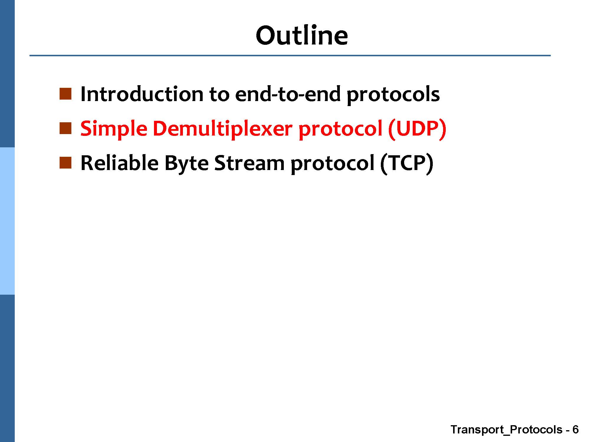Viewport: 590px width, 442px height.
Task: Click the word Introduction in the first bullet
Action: point(142,94)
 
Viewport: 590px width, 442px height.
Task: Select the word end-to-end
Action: point(288,94)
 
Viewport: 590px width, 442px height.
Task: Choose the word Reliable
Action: point(119,163)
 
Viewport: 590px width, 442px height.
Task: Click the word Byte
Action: point(186,164)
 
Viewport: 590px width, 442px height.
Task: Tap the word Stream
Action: point(249,163)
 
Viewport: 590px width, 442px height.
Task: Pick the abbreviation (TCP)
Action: point(407,164)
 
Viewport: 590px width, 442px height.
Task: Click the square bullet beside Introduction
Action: point(65,94)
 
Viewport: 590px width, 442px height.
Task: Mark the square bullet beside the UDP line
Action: point(65,128)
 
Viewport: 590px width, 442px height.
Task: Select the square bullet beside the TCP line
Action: point(65,163)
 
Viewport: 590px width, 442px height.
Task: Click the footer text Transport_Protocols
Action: point(507,430)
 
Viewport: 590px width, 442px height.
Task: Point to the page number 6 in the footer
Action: point(575,430)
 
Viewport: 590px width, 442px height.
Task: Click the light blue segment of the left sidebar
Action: point(7,221)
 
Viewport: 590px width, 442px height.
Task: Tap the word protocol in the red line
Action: point(340,130)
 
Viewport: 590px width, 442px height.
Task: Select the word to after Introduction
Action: point(219,95)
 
